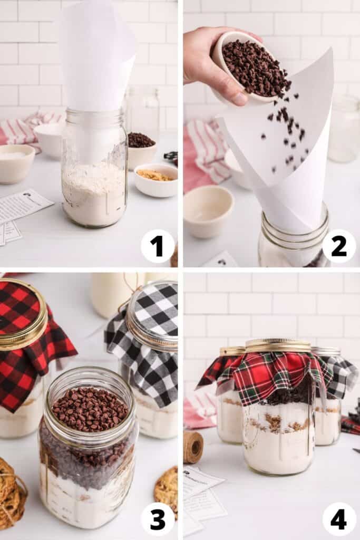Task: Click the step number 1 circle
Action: (158, 246)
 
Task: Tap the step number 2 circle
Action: (339, 246)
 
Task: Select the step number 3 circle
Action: (158, 519)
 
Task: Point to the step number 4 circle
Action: (339, 519)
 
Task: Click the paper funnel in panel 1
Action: (95, 58)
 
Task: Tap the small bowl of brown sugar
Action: (155, 180)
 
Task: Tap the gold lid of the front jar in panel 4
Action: (278, 345)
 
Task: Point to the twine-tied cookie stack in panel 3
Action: (12, 493)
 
